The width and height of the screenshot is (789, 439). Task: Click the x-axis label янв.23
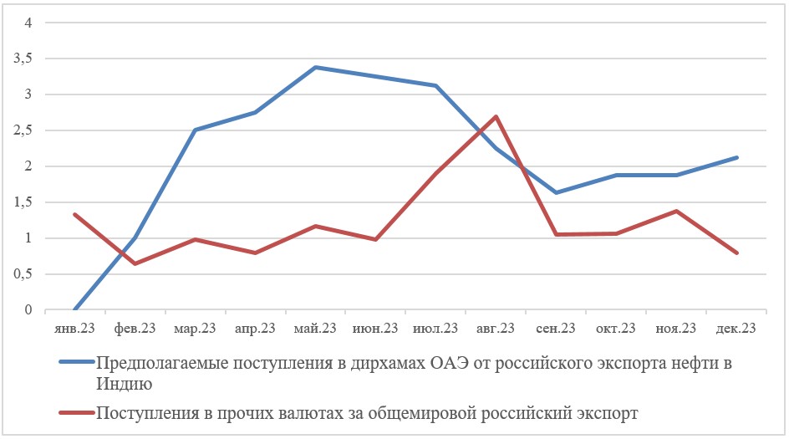(x=75, y=329)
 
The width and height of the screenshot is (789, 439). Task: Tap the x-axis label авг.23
(x=496, y=329)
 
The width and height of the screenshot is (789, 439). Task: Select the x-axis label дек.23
(x=736, y=329)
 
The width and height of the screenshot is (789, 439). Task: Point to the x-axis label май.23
(x=315, y=329)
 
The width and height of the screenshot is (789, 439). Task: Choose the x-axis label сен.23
(x=556, y=329)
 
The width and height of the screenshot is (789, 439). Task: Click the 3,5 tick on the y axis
(x=22, y=59)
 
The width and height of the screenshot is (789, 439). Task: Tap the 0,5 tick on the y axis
(x=22, y=274)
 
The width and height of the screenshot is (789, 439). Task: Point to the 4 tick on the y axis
(x=28, y=23)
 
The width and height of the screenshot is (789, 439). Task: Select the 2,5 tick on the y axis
(x=22, y=130)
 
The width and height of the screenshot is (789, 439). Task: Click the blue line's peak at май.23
(x=315, y=67)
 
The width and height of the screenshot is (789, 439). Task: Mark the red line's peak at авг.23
(x=496, y=116)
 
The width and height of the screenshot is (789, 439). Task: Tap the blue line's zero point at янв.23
(x=75, y=309)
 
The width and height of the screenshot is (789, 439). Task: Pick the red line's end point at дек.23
(x=736, y=253)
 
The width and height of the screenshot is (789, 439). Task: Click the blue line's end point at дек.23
(x=736, y=157)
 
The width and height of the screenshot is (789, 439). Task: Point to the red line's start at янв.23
(x=75, y=214)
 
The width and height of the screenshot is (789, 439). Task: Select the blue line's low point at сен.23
(x=556, y=192)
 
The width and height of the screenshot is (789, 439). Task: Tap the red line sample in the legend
(x=77, y=412)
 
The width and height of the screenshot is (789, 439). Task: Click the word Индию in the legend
(x=124, y=385)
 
